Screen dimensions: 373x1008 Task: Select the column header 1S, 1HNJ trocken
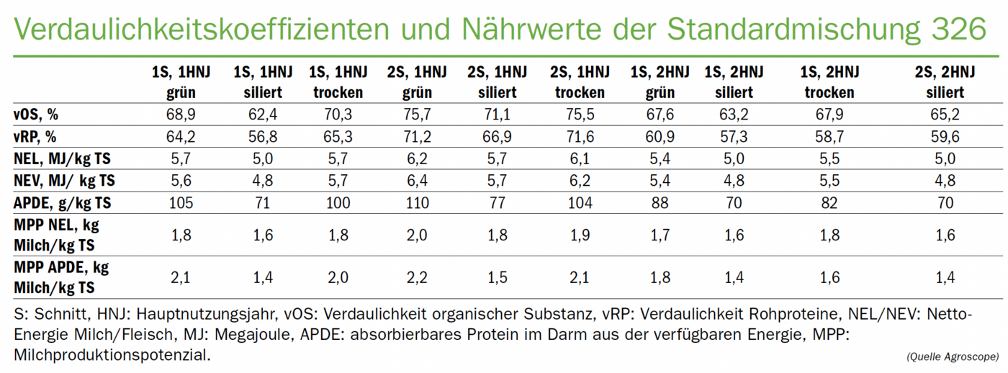[338, 82]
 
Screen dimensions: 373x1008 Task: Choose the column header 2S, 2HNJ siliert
[945, 82]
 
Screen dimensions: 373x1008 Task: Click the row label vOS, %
[35, 114]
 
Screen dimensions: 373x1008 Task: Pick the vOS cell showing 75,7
[418, 114]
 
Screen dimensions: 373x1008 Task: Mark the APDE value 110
[418, 203]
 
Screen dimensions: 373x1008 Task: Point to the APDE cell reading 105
[180, 203]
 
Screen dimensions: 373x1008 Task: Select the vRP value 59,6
[945, 136]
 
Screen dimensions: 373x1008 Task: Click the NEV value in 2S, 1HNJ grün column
[418, 181]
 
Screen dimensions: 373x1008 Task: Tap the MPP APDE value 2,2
[418, 277]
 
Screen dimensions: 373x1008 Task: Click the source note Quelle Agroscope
[953, 356]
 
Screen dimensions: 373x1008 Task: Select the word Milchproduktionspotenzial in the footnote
[112, 355]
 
